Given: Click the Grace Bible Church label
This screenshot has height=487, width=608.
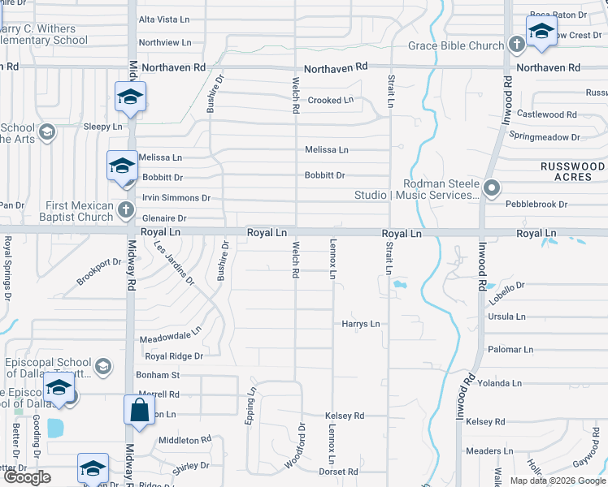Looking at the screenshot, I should click(x=455, y=46).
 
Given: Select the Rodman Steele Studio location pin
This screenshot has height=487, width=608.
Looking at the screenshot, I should click(x=491, y=188).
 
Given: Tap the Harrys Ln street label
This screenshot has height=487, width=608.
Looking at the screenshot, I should click(x=360, y=324).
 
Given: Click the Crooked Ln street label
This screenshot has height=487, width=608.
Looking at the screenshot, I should click(x=331, y=101).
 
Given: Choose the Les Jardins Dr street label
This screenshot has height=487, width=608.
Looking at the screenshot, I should click(x=174, y=264).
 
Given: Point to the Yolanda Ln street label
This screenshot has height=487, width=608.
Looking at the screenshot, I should click(x=499, y=383).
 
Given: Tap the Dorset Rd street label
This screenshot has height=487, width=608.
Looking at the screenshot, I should click(x=338, y=472).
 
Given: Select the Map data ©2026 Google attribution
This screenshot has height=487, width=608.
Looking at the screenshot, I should click(x=557, y=481).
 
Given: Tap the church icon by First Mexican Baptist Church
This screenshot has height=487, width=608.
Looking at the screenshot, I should click(x=125, y=211).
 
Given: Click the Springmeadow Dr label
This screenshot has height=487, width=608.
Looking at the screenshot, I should click(x=544, y=138).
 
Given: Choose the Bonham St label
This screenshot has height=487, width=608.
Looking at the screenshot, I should click(x=158, y=375).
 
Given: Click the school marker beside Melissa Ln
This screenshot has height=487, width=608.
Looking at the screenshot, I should click(x=122, y=166).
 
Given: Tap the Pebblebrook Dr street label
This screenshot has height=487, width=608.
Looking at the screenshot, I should click(x=536, y=205).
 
